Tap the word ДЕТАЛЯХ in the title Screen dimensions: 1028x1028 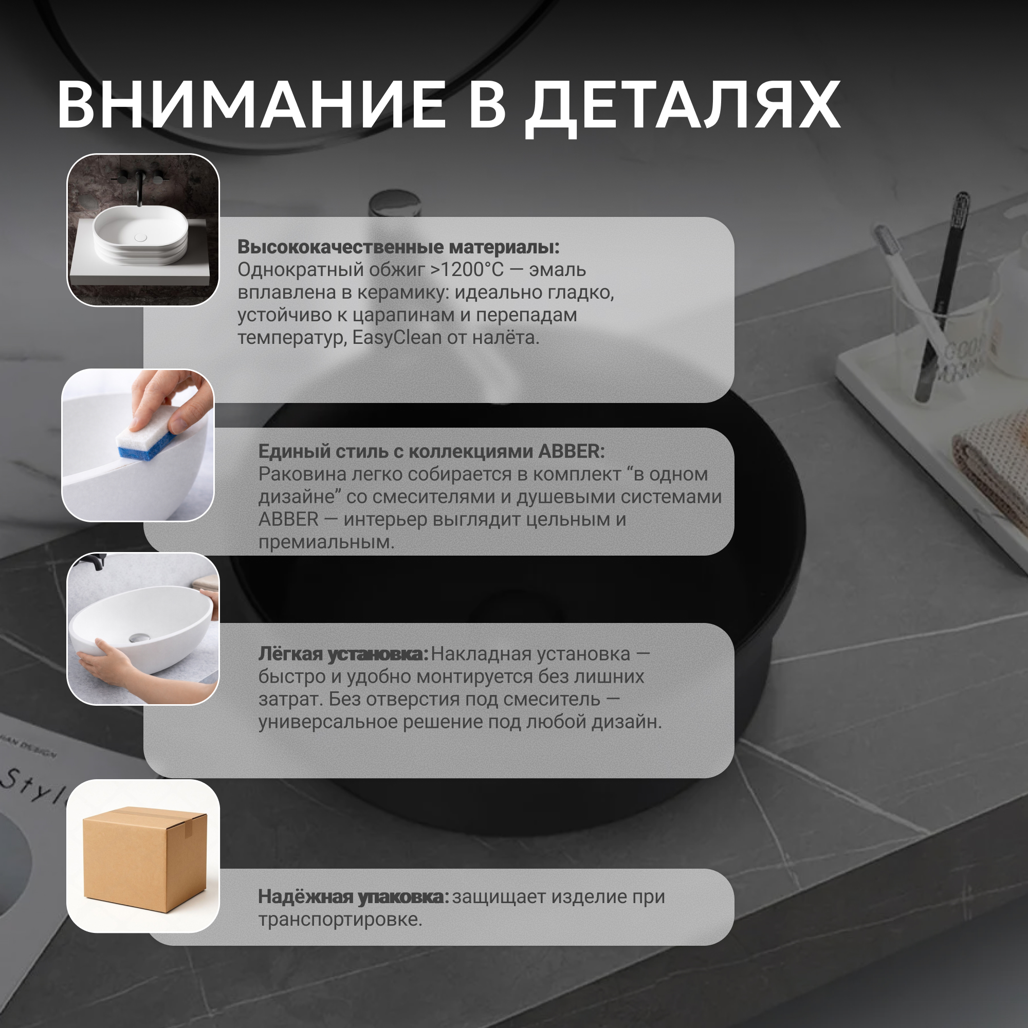pyautogui.click(x=683, y=108)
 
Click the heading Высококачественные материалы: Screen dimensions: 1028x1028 pyautogui.click(x=398, y=247)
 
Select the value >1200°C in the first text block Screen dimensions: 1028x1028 pyautogui.click(x=466, y=270)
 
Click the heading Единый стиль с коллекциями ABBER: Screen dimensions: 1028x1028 pyautogui.click(x=432, y=451)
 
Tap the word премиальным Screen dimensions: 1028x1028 pyautogui.click(x=327, y=542)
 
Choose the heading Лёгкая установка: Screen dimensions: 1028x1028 pyautogui.click(x=343, y=654)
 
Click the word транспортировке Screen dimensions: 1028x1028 pyautogui.click(x=340, y=920)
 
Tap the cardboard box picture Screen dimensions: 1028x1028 pyautogui.click(x=145, y=858)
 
